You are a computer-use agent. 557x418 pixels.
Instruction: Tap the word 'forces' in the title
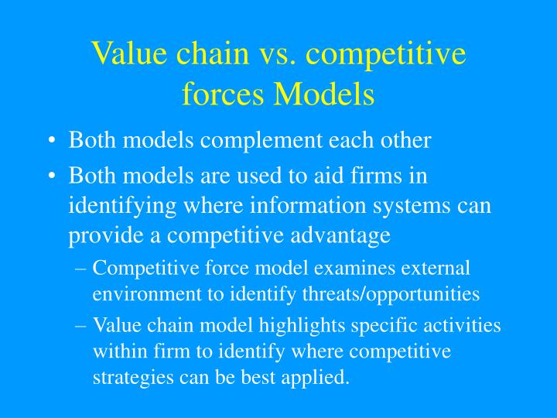(x=219, y=94)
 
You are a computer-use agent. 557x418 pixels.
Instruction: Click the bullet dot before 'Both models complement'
(x=51, y=142)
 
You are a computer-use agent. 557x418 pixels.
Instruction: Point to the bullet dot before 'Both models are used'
(x=51, y=177)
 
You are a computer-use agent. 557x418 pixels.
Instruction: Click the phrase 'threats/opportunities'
(x=403, y=294)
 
